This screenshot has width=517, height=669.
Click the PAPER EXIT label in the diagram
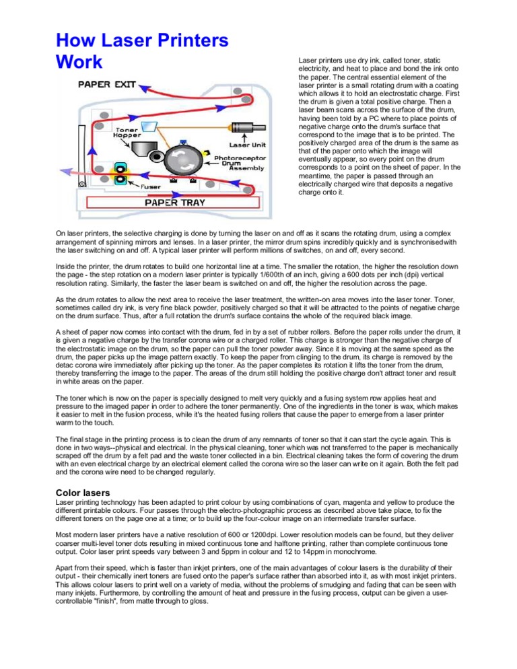click(x=108, y=85)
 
